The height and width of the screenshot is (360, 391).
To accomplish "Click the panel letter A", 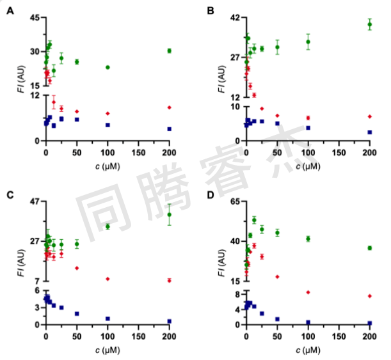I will click(x=10, y=9).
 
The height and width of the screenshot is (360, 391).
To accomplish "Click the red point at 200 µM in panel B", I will click(x=370, y=116).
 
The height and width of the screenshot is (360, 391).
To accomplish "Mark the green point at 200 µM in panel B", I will click(x=370, y=25).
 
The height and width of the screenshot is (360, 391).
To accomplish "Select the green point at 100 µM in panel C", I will click(x=108, y=227).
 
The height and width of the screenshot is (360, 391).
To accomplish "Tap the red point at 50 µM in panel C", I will click(x=77, y=268).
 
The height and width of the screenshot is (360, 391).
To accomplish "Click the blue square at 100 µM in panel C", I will click(x=108, y=318).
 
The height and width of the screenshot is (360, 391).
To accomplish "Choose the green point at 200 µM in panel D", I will click(x=370, y=248).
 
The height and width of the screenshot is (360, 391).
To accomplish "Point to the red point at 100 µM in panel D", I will click(x=308, y=292).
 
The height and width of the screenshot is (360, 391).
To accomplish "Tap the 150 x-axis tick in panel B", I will click(x=339, y=153).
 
